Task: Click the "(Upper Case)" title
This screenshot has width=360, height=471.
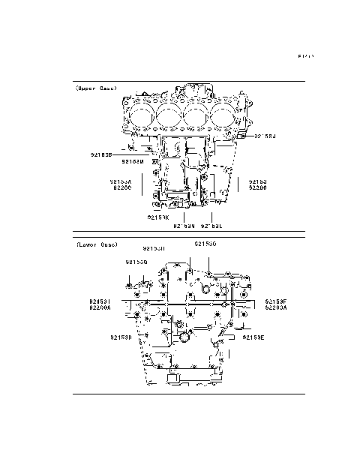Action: point(96,88)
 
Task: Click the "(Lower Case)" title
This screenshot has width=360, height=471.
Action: point(97,244)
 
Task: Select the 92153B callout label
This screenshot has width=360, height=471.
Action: point(100,154)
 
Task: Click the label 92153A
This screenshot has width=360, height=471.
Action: point(121,181)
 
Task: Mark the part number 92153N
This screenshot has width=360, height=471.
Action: point(184,224)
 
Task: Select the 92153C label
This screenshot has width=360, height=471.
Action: point(205,244)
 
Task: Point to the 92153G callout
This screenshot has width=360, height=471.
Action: point(136,262)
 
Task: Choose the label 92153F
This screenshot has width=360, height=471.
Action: point(275,301)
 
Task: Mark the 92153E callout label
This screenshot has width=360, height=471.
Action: point(253,337)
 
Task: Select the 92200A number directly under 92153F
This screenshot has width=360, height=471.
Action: point(275,307)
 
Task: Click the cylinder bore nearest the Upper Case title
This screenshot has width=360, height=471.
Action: point(140,118)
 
